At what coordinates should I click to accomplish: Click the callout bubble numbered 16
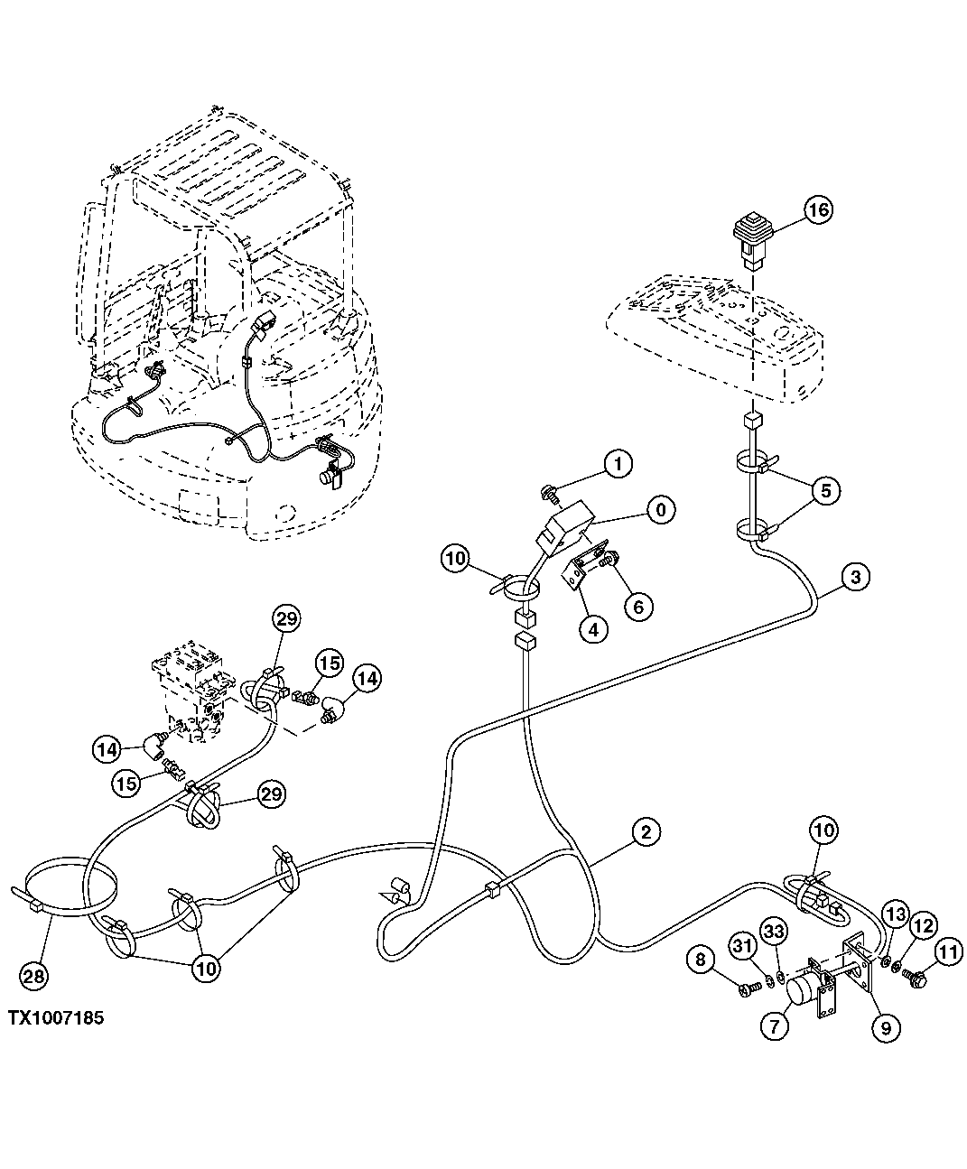coord(817,210)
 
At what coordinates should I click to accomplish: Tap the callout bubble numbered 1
coord(618,465)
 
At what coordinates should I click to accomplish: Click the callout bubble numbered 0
coord(662,510)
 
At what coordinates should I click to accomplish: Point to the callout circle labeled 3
coord(857,576)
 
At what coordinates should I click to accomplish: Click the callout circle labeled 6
coord(638,606)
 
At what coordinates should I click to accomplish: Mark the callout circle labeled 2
coord(645,830)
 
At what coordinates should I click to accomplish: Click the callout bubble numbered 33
coord(773,930)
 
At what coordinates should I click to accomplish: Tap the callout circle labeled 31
coord(741,945)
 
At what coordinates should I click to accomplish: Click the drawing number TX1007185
coord(56,1017)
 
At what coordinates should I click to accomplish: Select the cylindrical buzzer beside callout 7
coord(802,991)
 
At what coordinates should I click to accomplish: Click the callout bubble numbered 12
coord(920,925)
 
